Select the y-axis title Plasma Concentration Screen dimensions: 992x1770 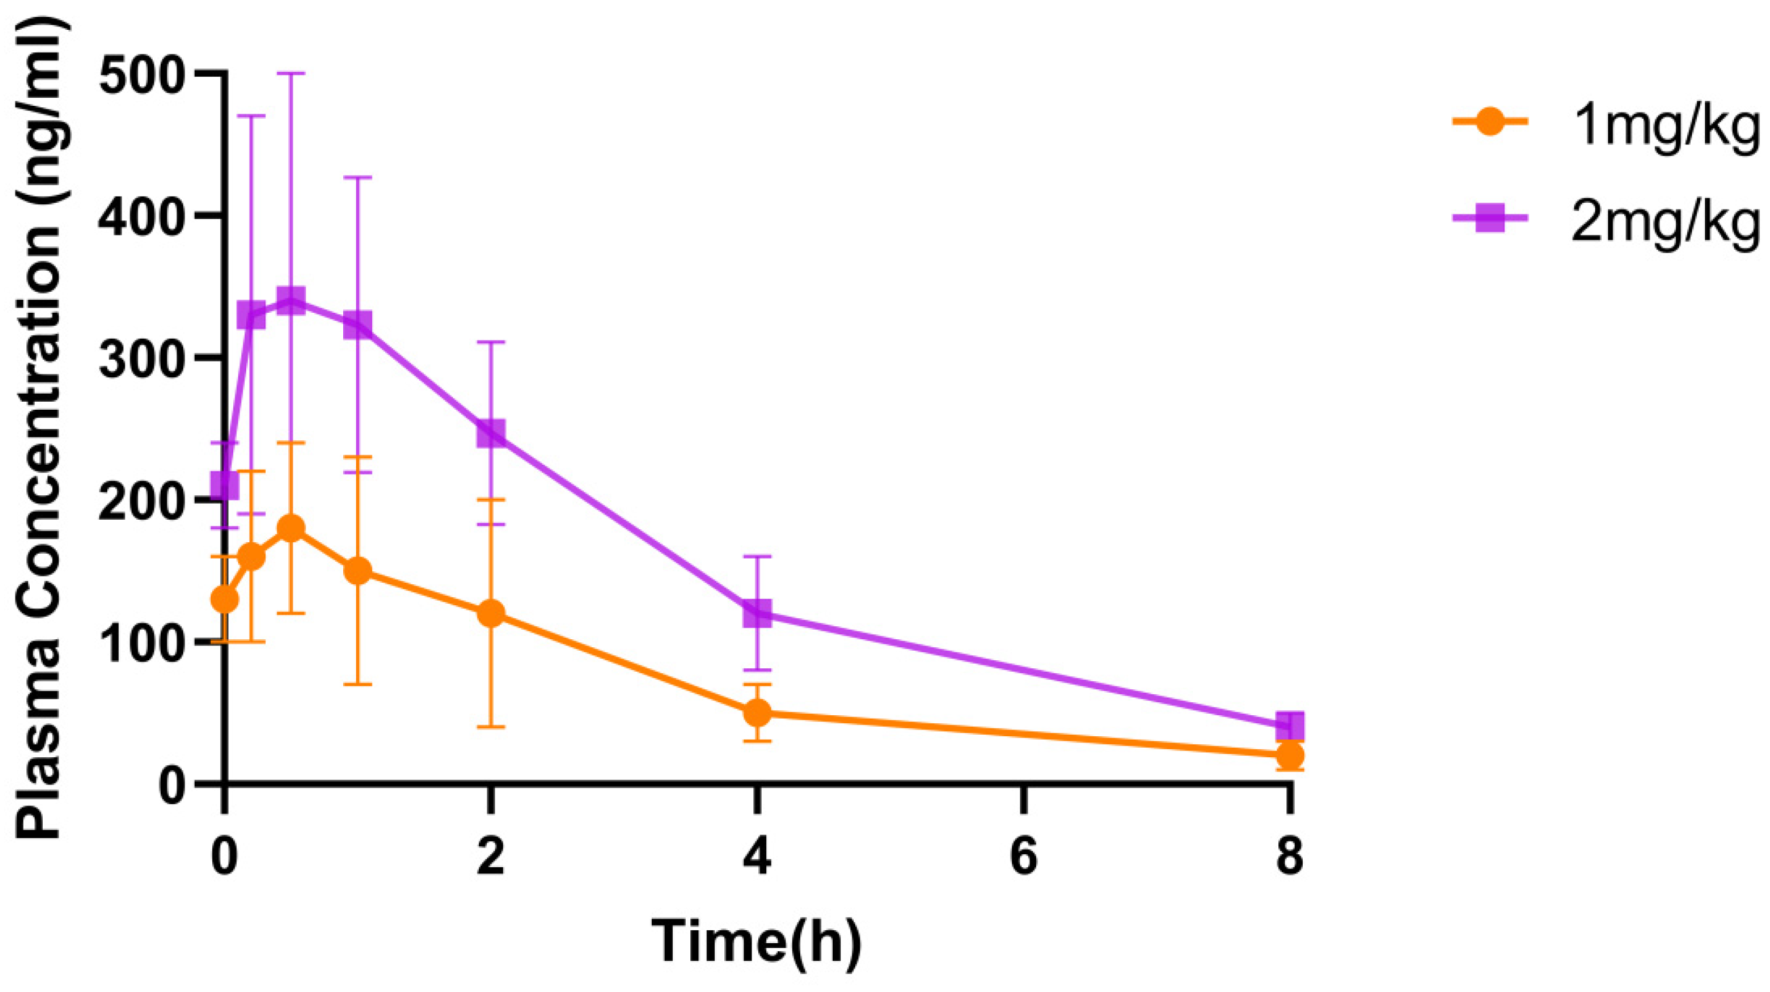[x=41, y=426]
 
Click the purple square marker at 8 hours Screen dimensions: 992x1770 [x=1290, y=726]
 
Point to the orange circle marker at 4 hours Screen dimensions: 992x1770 [x=758, y=713]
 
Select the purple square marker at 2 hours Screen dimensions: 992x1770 [x=490, y=434]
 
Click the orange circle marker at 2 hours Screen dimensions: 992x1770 [x=490, y=613]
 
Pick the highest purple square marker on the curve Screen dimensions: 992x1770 [x=291, y=301]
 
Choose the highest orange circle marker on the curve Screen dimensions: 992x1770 [x=291, y=528]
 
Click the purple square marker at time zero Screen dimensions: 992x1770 [x=224, y=485]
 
